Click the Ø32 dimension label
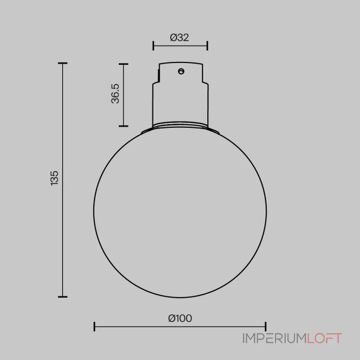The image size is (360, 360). tap(179, 37)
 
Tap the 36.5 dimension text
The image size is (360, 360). tap(115, 94)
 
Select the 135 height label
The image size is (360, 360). tap(54, 178)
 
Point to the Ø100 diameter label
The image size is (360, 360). tap(180, 318)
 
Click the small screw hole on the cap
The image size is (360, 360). tap(181, 72)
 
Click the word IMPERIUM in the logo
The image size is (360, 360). tap(275, 338)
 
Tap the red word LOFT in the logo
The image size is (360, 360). tap(324, 338)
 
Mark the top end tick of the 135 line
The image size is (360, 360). tap(63, 63)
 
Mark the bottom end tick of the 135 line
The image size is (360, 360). tap(63, 297)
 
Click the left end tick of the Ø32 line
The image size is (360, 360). tap(153, 46)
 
